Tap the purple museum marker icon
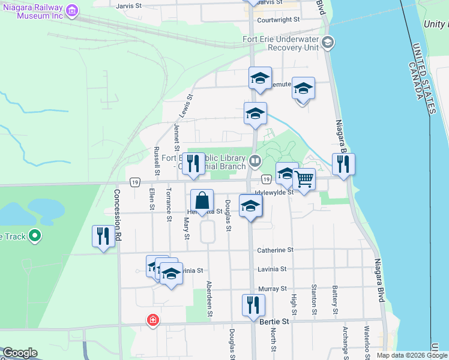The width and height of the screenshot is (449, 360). click(x=72, y=10)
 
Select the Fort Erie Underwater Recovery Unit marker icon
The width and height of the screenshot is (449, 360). click(x=327, y=42)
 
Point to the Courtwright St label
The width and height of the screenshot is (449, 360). click(x=278, y=20)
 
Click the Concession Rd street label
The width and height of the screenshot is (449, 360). click(x=117, y=212)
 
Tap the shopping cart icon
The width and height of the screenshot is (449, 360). click(x=304, y=178)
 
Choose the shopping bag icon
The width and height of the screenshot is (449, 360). click(x=202, y=200)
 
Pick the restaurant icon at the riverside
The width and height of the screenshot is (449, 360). click(x=343, y=163)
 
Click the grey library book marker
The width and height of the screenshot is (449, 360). click(x=255, y=160)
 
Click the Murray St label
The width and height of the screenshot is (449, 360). click(x=273, y=289)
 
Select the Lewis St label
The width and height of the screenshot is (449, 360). click(x=186, y=105)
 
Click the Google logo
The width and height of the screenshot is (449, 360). click(x=20, y=353)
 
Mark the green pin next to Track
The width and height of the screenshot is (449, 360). click(x=35, y=236)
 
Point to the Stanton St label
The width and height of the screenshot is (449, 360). click(x=314, y=301)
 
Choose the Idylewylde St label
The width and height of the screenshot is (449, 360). click(x=274, y=192)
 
